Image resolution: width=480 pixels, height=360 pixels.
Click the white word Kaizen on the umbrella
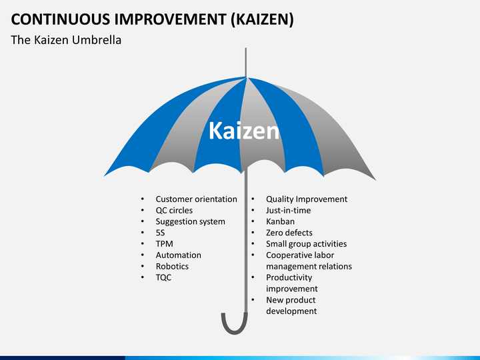coord(244,131)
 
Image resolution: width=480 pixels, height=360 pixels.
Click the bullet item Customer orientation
coord(196,199)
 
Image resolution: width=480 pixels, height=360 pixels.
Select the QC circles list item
coord(174,210)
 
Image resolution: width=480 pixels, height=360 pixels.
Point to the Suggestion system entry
coord(190,221)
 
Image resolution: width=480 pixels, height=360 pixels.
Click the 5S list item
coord(160,233)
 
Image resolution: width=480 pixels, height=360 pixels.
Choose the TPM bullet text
coord(165,244)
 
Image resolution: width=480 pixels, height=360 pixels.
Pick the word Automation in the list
coord(179,255)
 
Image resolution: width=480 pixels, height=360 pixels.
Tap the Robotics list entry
coord(172,266)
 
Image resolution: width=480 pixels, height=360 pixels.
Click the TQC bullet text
coord(163,277)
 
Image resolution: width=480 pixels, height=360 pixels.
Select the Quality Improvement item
coord(307,199)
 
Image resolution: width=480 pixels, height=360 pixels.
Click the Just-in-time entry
coord(288,210)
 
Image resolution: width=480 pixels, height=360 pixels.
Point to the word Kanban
coord(280,221)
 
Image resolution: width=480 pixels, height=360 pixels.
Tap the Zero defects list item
coord(289,233)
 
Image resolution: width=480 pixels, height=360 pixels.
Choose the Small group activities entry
coord(306,244)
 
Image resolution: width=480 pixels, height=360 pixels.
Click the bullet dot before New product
coord(253,300)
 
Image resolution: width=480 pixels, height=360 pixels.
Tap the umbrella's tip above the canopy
coord(246,48)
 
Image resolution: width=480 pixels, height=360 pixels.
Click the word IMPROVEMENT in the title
coord(170,19)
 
